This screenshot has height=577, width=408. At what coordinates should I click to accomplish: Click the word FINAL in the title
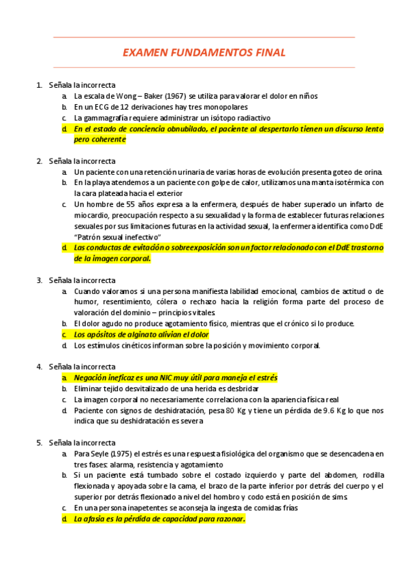point(267,52)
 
